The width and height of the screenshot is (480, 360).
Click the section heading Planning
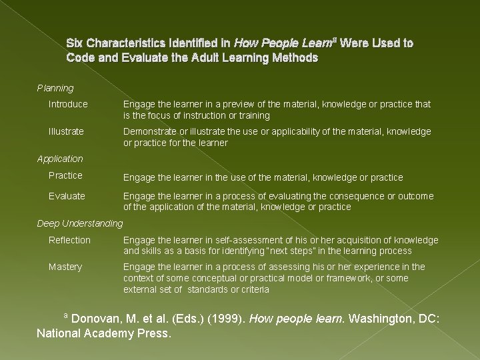[55, 88]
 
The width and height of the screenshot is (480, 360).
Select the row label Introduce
[68, 104]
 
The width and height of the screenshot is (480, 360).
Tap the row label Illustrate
[66, 131]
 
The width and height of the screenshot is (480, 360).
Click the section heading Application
[60, 159]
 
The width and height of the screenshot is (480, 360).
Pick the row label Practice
[65, 175]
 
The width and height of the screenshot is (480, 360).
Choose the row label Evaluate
[67, 196]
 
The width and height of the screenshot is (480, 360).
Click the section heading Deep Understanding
[80, 223]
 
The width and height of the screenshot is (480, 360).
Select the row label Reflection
[69, 240]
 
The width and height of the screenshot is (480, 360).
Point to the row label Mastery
[65, 267]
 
